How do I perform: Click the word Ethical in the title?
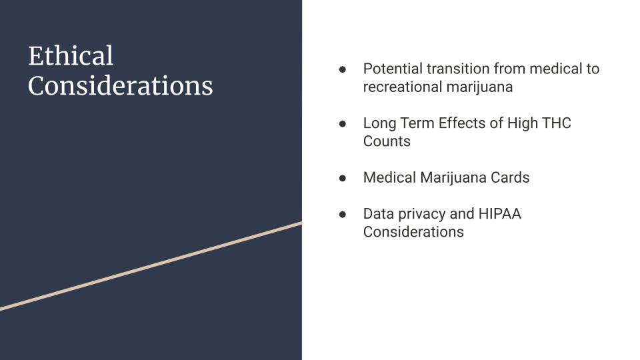(x=71, y=55)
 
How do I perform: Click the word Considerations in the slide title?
(x=121, y=86)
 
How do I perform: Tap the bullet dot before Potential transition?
(x=343, y=69)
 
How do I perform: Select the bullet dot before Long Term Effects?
(x=343, y=124)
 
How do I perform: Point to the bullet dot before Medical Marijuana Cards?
(x=343, y=178)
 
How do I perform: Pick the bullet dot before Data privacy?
(x=343, y=214)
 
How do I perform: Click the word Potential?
(x=393, y=69)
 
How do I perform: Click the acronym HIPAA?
(x=499, y=213)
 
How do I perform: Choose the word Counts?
(x=387, y=141)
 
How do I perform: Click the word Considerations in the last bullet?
(x=413, y=231)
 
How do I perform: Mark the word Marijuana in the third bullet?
(x=453, y=178)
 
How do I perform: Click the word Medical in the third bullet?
(x=389, y=177)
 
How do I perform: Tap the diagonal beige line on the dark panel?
(x=151, y=266)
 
